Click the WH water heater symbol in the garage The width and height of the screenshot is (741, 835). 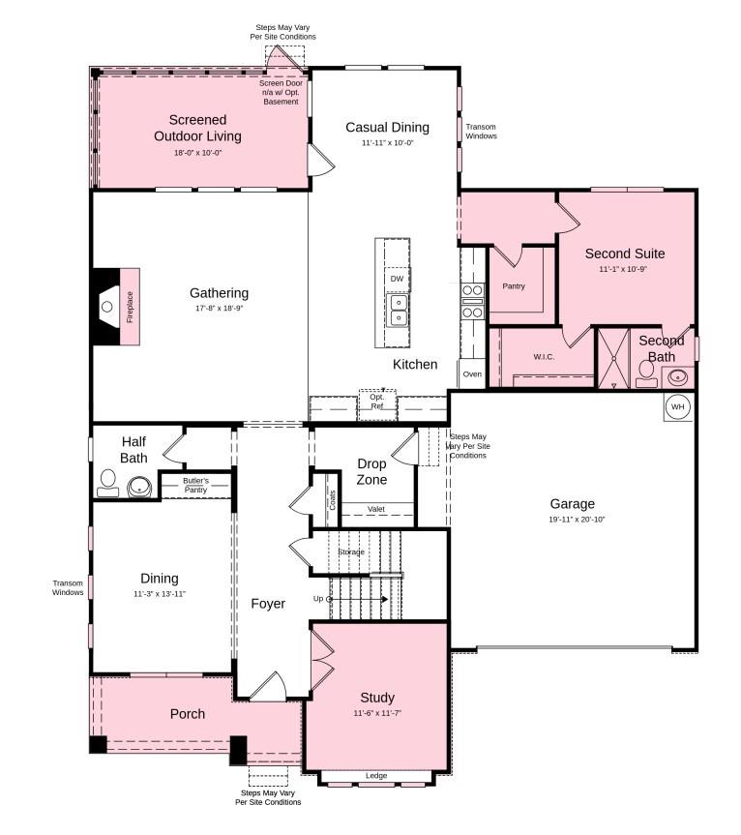click(677, 407)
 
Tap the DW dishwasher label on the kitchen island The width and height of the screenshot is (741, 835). click(397, 279)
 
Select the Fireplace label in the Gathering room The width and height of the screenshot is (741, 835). click(130, 306)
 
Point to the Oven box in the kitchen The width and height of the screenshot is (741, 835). click(472, 373)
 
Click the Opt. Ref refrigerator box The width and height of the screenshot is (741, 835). click(377, 402)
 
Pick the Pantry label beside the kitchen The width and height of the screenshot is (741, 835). click(514, 285)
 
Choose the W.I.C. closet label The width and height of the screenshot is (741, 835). click(545, 356)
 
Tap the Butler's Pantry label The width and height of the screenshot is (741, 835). click(196, 485)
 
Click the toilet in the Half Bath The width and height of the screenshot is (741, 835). click(107, 483)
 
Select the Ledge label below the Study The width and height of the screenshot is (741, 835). click(376, 775)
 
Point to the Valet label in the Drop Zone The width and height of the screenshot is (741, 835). click(376, 509)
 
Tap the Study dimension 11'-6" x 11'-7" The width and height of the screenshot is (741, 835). click(376, 713)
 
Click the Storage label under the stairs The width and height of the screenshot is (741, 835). click(351, 552)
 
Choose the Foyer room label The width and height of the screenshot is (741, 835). click(268, 604)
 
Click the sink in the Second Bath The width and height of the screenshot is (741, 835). click(678, 375)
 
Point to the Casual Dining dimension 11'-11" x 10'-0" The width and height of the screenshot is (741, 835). click(387, 143)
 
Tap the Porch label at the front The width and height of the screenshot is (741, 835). click(188, 714)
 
